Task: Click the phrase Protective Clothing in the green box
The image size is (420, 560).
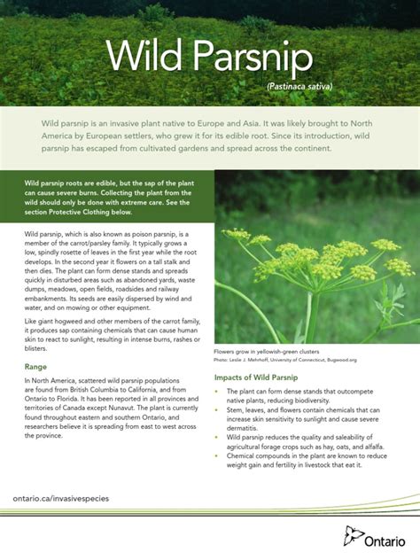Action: pos(90,214)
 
